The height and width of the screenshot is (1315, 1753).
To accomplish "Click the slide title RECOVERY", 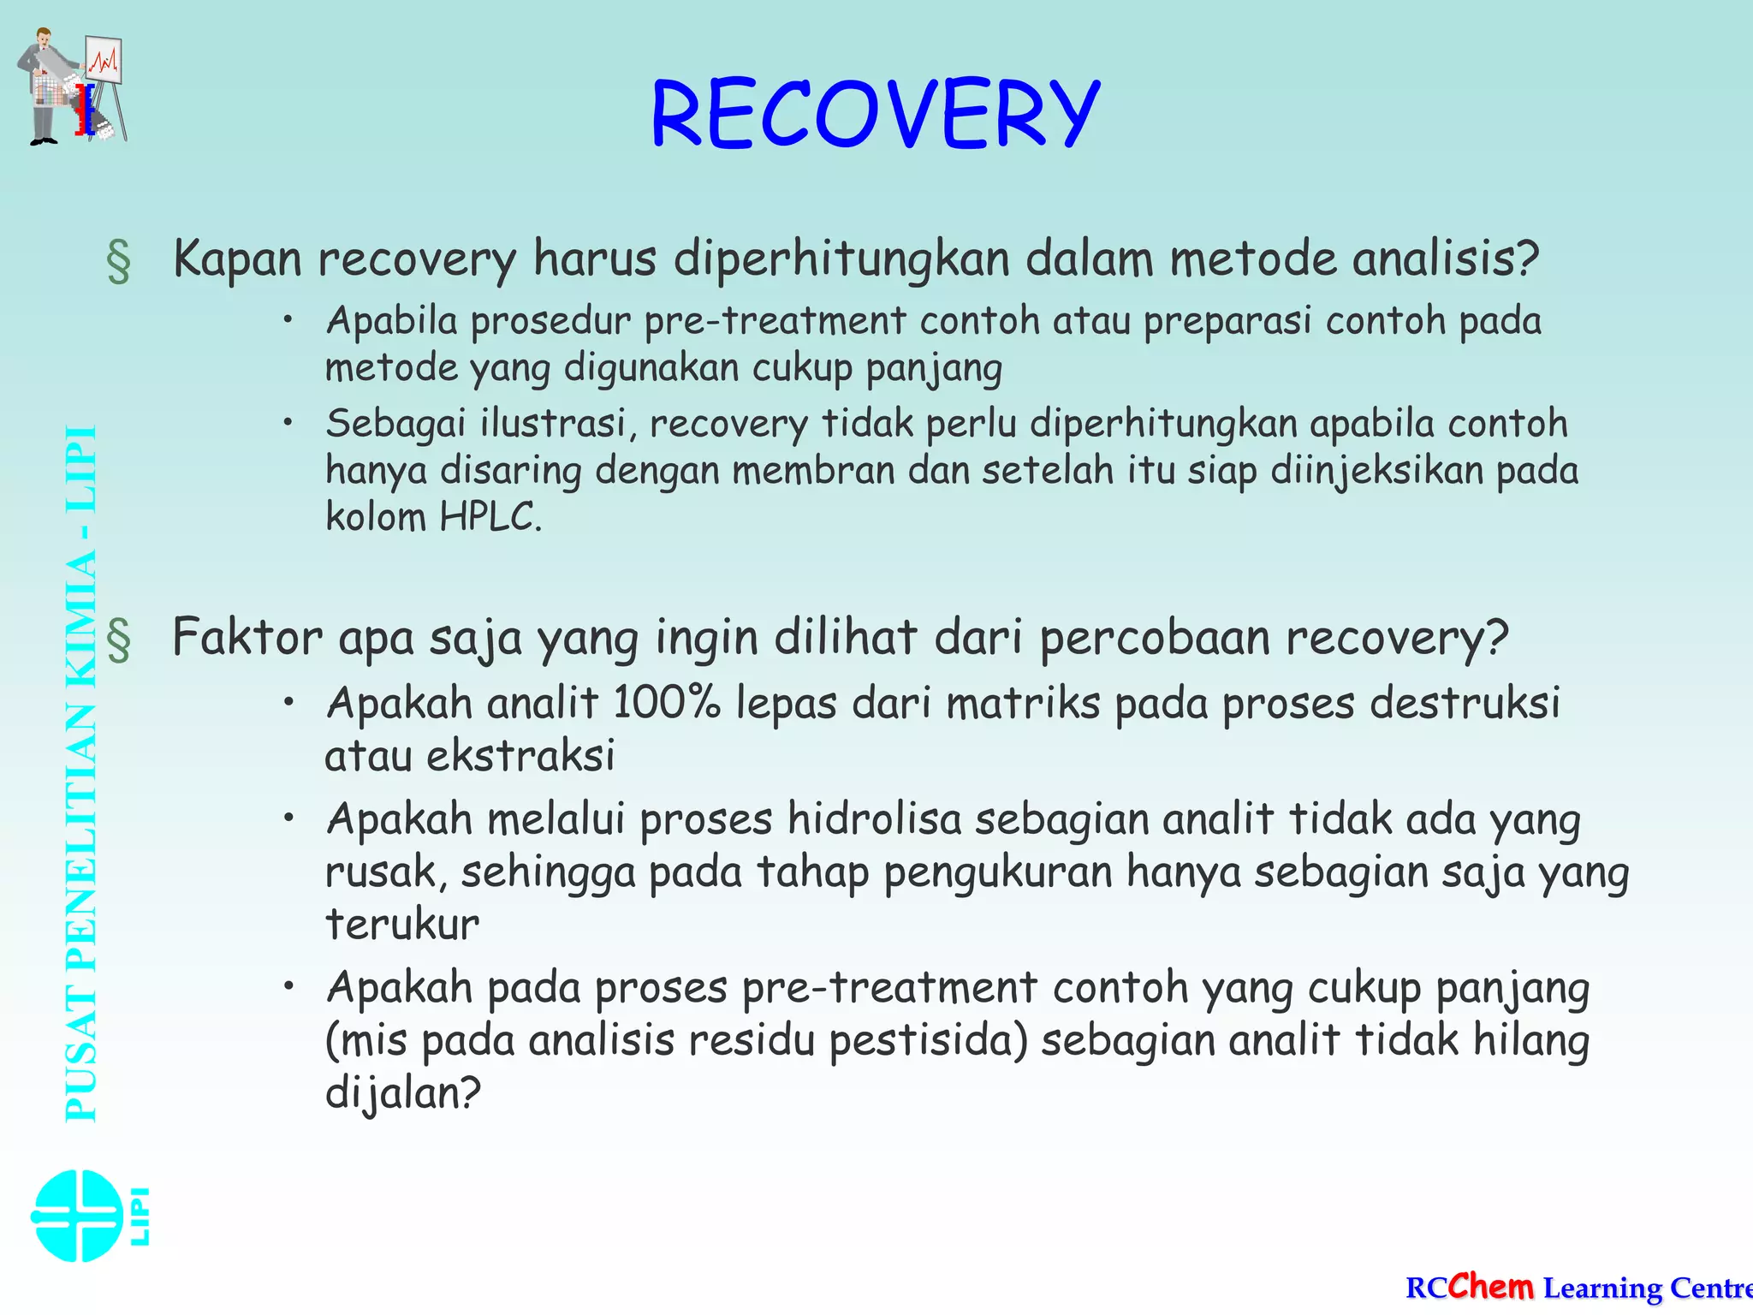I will pyautogui.click(x=875, y=114).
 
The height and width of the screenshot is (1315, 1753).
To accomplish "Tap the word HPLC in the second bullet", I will pyautogui.click(x=490, y=517).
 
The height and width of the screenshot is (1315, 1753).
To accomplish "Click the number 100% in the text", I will pyautogui.click(x=667, y=704).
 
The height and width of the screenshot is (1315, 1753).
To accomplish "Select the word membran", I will pyautogui.click(x=813, y=470).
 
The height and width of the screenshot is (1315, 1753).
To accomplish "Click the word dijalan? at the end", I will pyautogui.click(x=403, y=1094).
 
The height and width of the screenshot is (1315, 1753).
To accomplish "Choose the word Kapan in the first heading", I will pyautogui.click(x=237, y=259).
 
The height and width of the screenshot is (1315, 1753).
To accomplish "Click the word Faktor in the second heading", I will pyautogui.click(x=247, y=638).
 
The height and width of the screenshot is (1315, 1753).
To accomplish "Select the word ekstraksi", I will pyautogui.click(x=520, y=757).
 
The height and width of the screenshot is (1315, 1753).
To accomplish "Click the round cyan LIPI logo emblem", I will pyautogui.click(x=77, y=1216).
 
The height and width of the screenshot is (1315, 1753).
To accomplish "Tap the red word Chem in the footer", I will pyautogui.click(x=1491, y=1286).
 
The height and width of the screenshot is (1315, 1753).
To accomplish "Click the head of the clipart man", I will pyautogui.click(x=43, y=39).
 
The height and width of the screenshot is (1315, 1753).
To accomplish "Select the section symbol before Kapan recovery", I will pyautogui.click(x=119, y=262).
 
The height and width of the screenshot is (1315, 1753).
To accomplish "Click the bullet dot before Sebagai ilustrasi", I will pyautogui.click(x=290, y=422).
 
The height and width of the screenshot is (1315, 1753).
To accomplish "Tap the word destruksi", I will pyautogui.click(x=1465, y=704).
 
